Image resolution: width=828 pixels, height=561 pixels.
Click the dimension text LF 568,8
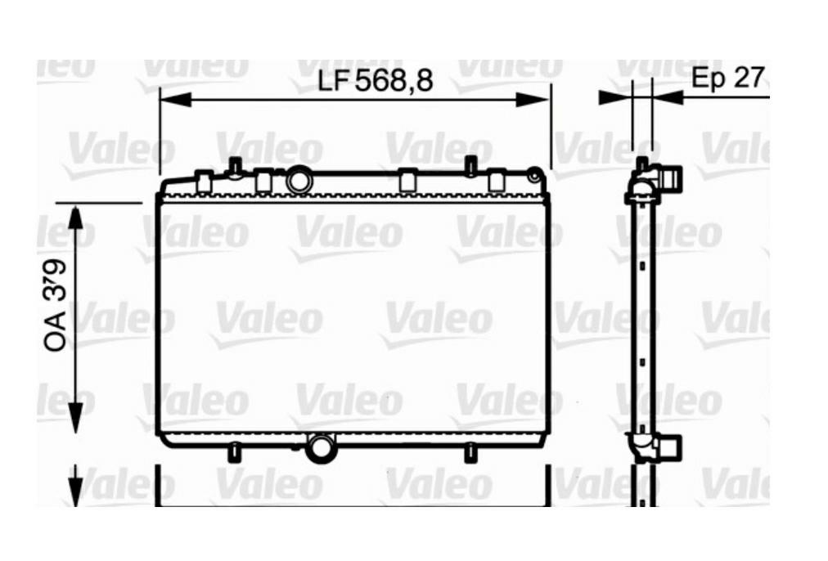click(x=374, y=80)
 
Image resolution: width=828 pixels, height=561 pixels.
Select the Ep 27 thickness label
click(x=727, y=78)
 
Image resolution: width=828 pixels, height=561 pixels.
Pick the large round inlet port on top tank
click(x=299, y=179)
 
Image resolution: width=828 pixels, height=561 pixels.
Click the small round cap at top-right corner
click(x=534, y=175)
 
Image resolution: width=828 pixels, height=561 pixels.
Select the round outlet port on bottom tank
click(x=320, y=447)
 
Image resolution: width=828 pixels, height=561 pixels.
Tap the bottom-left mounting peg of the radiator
click(x=234, y=452)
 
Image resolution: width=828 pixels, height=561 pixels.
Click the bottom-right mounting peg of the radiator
click(x=470, y=452)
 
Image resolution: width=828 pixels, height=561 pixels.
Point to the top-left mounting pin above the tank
click(x=235, y=167)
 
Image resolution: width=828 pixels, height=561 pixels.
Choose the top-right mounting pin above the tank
click(x=470, y=166)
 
